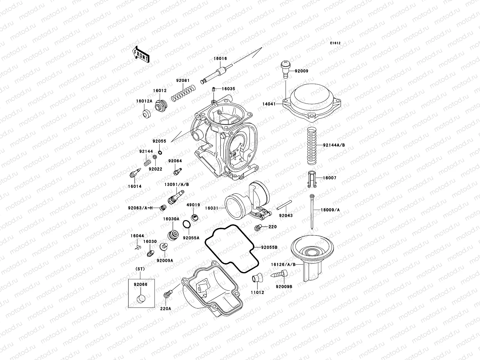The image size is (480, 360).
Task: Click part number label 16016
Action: click(220, 59)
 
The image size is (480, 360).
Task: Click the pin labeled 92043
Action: click(283, 205)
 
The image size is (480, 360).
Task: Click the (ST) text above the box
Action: click(140, 269)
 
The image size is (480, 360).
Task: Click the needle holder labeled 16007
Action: click(312, 179)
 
